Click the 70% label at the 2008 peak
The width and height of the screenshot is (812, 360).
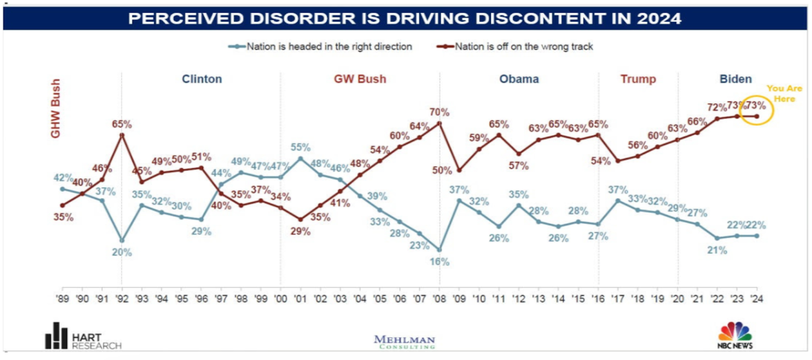click(x=439, y=112)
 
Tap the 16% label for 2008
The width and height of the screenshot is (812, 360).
click(x=439, y=262)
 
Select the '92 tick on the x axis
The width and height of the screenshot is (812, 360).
click(x=122, y=299)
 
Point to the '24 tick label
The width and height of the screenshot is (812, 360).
click(x=757, y=299)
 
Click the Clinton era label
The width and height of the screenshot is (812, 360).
click(x=202, y=79)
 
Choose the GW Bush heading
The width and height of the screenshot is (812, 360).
click(x=360, y=79)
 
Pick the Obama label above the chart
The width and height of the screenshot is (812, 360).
click(x=519, y=79)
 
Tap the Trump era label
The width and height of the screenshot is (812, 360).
click(x=638, y=79)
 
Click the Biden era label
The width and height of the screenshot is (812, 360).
click(x=735, y=79)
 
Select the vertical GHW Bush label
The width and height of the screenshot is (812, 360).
click(x=55, y=108)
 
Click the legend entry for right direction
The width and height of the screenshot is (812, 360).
click(x=329, y=47)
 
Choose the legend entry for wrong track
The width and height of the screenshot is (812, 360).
click(x=523, y=47)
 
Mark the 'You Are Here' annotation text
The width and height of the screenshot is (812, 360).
click(x=784, y=93)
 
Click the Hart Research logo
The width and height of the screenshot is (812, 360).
click(x=83, y=337)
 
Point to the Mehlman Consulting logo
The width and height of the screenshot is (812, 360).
click(x=404, y=342)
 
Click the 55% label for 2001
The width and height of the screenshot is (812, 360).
click(x=300, y=147)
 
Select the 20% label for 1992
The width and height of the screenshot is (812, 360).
click(x=122, y=252)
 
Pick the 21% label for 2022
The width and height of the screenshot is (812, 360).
click(x=717, y=250)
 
